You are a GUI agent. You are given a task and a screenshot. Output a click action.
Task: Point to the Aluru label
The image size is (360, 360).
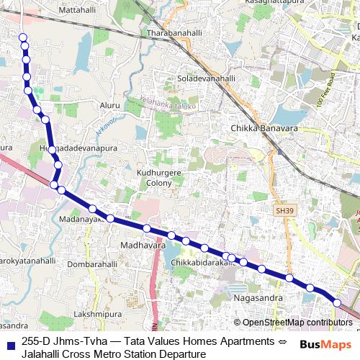point(109,105)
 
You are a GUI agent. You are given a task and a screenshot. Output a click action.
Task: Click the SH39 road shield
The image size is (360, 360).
point(284,210)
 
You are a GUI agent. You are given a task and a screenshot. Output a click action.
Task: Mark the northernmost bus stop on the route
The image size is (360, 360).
point(22,37)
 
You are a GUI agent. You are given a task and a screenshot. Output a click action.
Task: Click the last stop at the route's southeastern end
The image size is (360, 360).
point(337,302)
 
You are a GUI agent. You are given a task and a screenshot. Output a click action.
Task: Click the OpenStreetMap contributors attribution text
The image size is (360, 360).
point(296,323)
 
